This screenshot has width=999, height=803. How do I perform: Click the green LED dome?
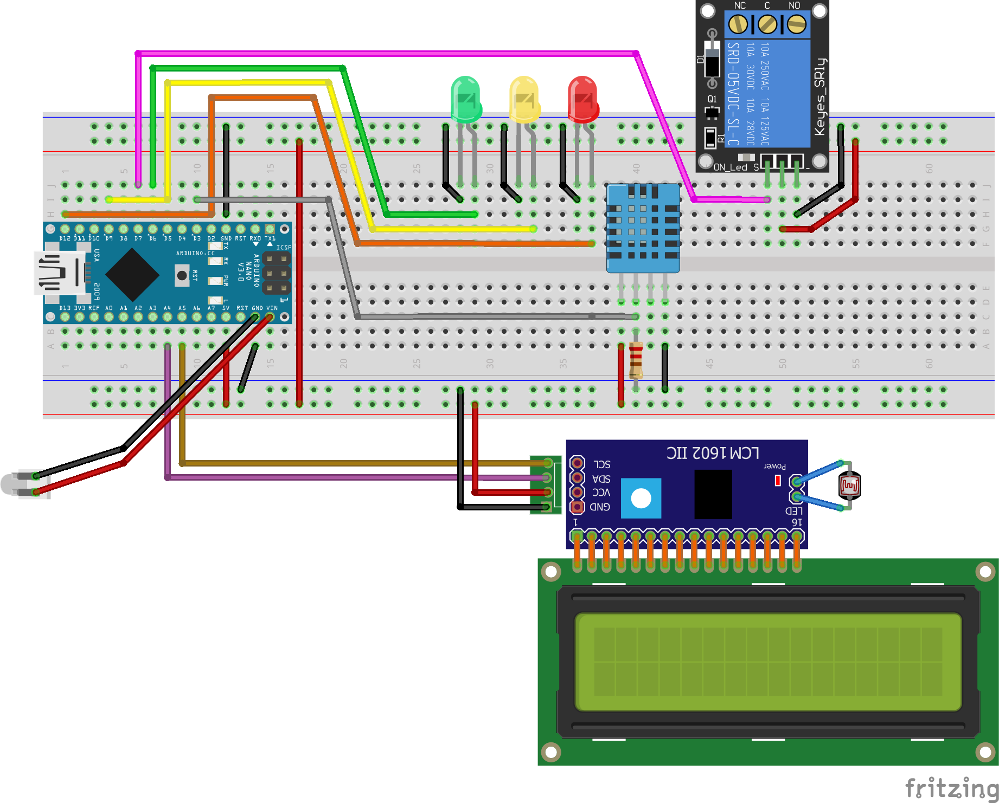tap(466, 98)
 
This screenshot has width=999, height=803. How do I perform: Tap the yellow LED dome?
tap(524, 98)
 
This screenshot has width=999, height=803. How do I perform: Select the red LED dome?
tap(583, 98)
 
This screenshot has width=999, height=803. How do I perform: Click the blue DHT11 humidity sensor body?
tap(643, 228)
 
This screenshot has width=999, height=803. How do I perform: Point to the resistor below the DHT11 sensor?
tap(636, 360)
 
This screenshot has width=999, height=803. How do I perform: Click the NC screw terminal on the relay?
tap(738, 24)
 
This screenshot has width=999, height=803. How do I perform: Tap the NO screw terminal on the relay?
tap(796, 24)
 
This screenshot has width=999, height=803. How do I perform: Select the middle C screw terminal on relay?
tap(767, 24)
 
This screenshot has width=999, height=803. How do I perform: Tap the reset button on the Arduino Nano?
tap(182, 275)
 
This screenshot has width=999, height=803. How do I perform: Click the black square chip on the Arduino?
tap(132, 275)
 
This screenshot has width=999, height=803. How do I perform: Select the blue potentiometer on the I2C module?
tap(641, 498)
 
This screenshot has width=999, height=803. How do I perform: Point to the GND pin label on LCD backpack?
tap(600, 507)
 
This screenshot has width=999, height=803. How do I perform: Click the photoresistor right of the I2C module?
tap(849, 485)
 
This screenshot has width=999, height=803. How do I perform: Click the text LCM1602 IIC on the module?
tap(713, 453)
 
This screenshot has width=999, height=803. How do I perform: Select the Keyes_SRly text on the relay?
tap(820, 96)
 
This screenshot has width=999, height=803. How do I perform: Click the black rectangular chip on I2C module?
tap(713, 494)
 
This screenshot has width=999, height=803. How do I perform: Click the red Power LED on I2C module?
tap(778, 480)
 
